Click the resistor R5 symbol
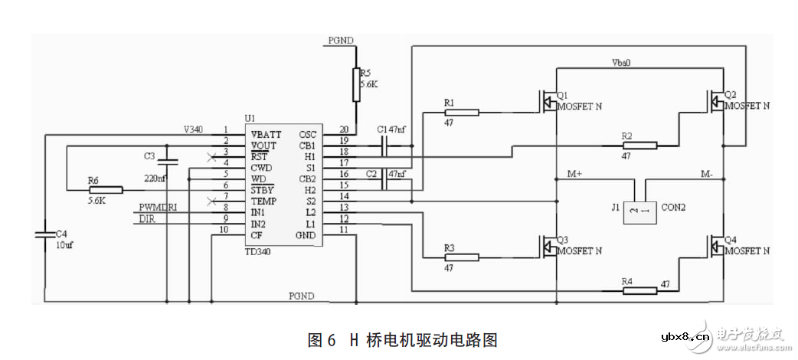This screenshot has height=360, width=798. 356,83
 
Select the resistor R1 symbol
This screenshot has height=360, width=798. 461,113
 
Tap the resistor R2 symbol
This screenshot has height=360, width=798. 639,145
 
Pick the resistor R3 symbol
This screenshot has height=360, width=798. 461,257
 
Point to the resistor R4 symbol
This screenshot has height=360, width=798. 639,290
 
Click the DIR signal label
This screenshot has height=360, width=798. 147,219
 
